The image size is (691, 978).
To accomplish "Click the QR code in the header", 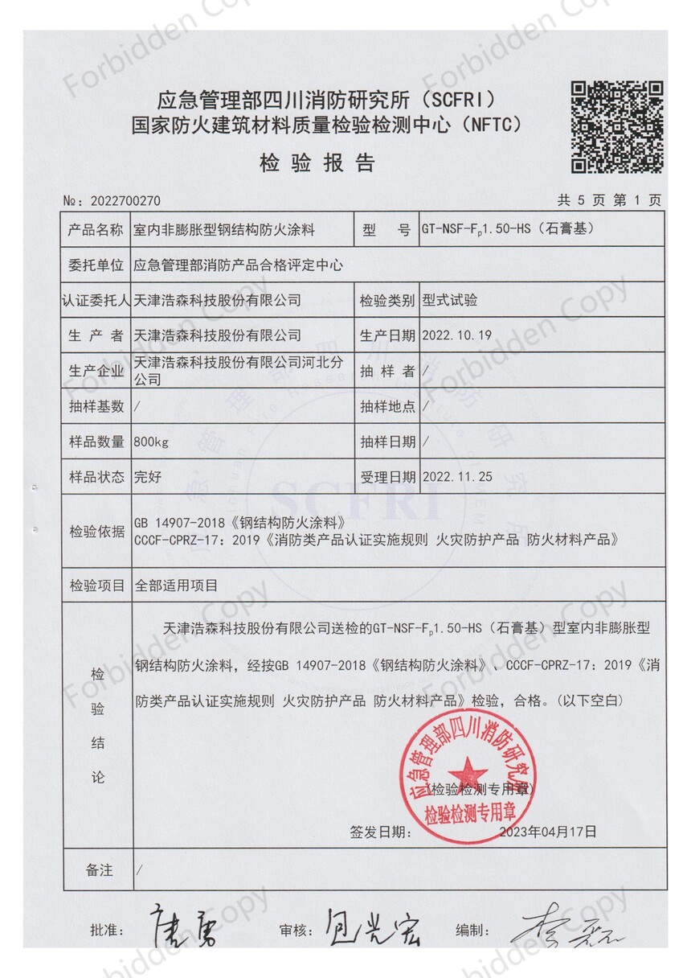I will click(x=616, y=126).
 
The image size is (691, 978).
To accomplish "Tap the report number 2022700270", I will click(x=127, y=200).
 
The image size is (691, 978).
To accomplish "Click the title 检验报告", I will click(x=317, y=163).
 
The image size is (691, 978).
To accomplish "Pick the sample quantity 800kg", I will click(x=152, y=442).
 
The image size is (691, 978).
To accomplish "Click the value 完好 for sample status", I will click(x=148, y=476).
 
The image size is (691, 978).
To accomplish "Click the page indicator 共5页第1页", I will click(x=610, y=200).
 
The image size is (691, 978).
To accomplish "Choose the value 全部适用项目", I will click(x=177, y=585).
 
